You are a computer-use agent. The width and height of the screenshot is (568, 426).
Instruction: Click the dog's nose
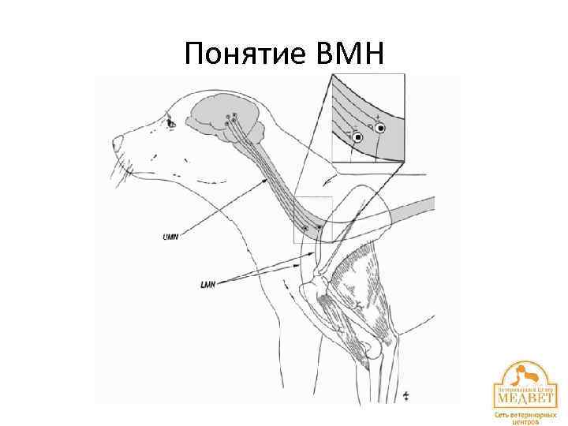(118, 143)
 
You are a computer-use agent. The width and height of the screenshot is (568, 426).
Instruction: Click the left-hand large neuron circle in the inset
(357, 137)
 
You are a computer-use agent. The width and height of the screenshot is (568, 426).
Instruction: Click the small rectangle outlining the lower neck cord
(313, 219)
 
